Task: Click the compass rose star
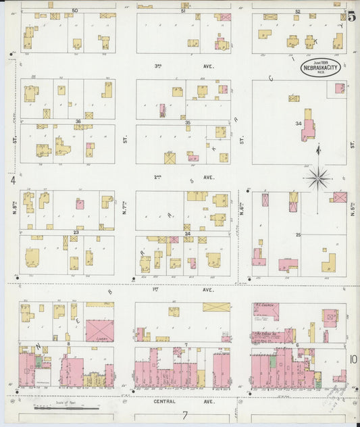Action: pos(318,178)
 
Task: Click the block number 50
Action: pos(74,11)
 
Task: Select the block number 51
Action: pos(183,11)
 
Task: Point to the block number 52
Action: pos(297,11)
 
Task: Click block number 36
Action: pos(78,122)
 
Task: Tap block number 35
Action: pos(188,122)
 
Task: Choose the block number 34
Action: pos(298,124)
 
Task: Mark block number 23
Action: pos(76,232)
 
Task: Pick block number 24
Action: pos(188,234)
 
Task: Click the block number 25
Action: pos(298,234)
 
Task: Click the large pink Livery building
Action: pos(99,330)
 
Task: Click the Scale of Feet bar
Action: pos(68,407)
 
